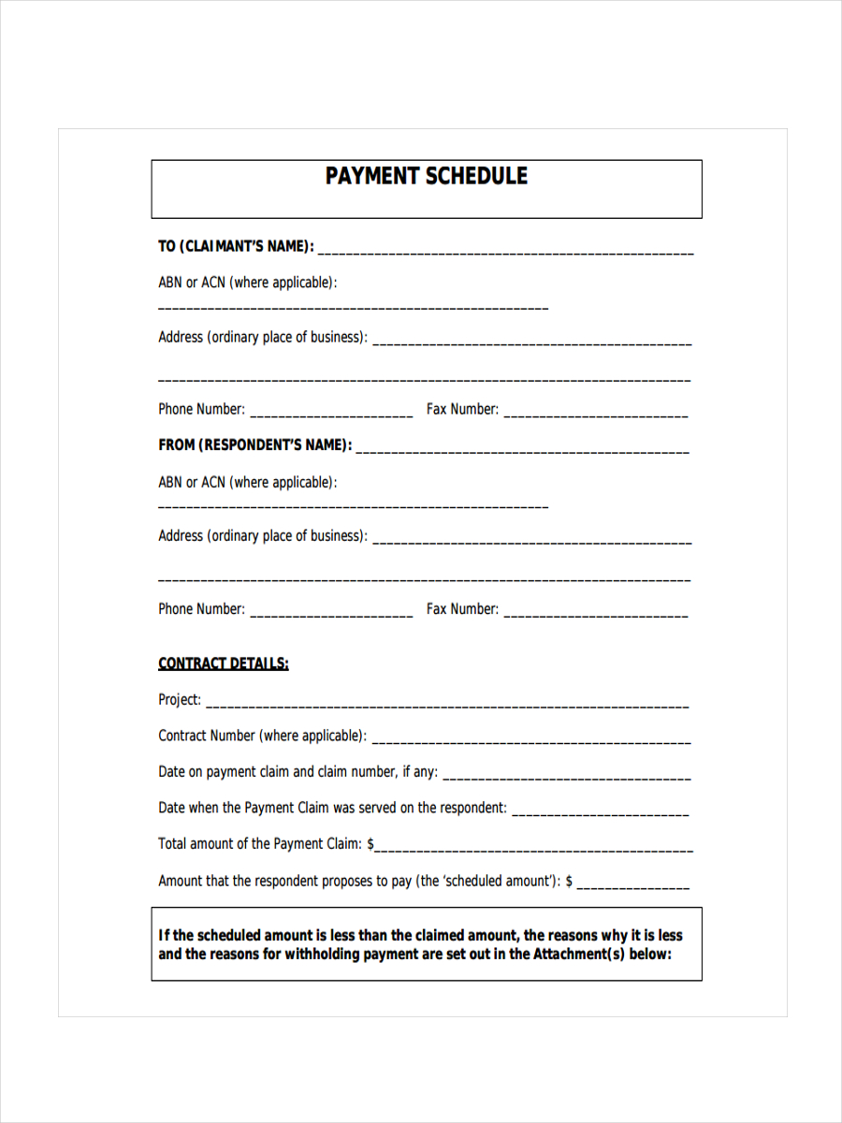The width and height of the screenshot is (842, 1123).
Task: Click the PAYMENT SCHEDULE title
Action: click(x=426, y=177)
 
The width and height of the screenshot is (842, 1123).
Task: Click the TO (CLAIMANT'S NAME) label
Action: click(x=236, y=247)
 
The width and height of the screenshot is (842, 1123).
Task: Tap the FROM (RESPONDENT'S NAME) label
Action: click(x=254, y=445)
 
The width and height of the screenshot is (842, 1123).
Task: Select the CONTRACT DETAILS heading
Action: click(x=224, y=664)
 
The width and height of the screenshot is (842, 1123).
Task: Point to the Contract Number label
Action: click(x=262, y=736)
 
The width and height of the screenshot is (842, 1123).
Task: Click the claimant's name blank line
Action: click(x=506, y=252)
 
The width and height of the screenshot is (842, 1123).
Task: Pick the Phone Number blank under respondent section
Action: click(x=331, y=613)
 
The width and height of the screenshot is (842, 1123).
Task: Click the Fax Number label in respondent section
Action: click(x=462, y=609)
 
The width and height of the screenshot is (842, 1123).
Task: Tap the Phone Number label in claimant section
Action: click(x=201, y=409)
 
